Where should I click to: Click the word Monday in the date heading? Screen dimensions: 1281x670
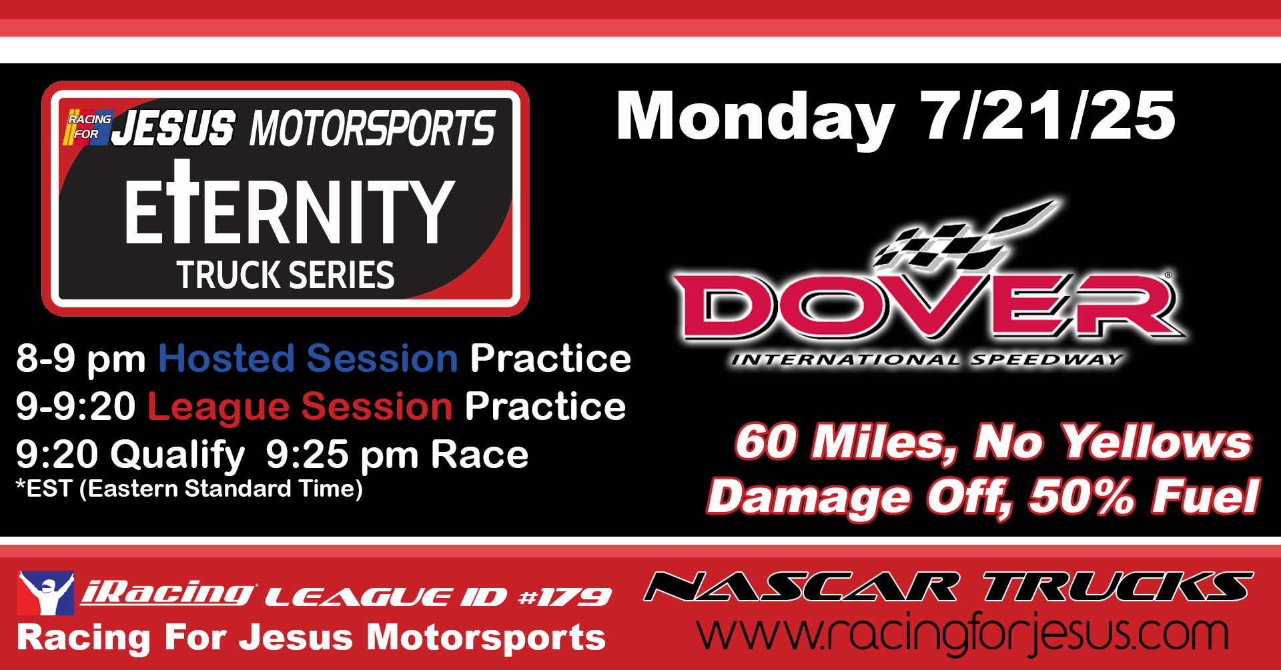pyautogui.click(x=755, y=118)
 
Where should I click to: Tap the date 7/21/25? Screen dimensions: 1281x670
pyautogui.click(x=1047, y=115)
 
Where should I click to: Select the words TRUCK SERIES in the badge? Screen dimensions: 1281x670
pyautogui.click(x=286, y=275)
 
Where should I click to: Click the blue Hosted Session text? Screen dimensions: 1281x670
pyautogui.click(x=308, y=359)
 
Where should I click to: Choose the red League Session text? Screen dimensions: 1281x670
pyautogui.click(x=300, y=407)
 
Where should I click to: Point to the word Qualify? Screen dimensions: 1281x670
pyautogui.click(x=177, y=456)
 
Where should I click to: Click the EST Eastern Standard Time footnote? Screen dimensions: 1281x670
pyautogui.click(x=189, y=489)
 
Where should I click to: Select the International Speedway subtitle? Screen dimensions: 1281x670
pyautogui.click(x=927, y=360)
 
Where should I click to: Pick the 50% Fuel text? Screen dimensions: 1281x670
pyautogui.click(x=1144, y=497)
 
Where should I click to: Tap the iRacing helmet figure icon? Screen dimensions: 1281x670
pyautogui.click(x=45, y=593)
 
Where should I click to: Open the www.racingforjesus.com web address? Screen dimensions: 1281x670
pyautogui.click(x=963, y=633)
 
